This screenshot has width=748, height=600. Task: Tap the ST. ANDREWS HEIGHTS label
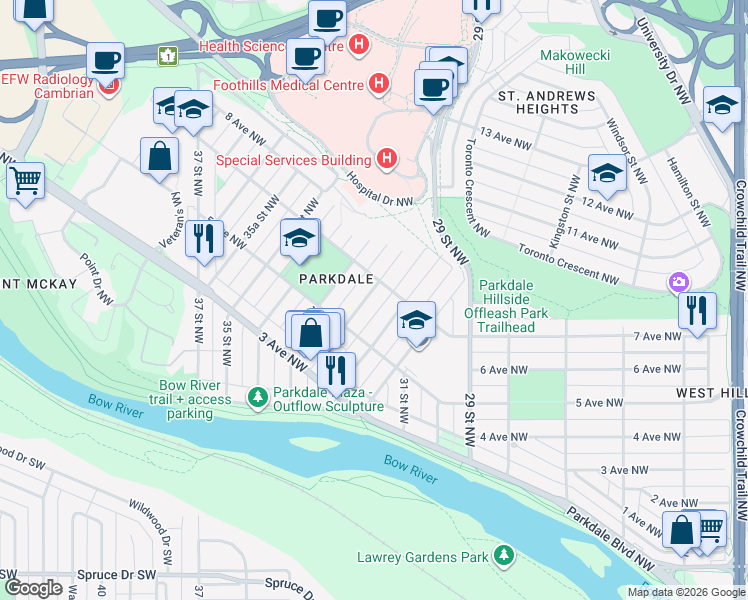(x=547, y=103)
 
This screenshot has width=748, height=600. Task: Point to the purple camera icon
(x=680, y=282)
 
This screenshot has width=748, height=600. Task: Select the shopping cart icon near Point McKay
(x=25, y=181)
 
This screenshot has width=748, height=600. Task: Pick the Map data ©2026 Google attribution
(x=686, y=592)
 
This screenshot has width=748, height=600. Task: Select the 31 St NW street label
(x=404, y=399)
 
